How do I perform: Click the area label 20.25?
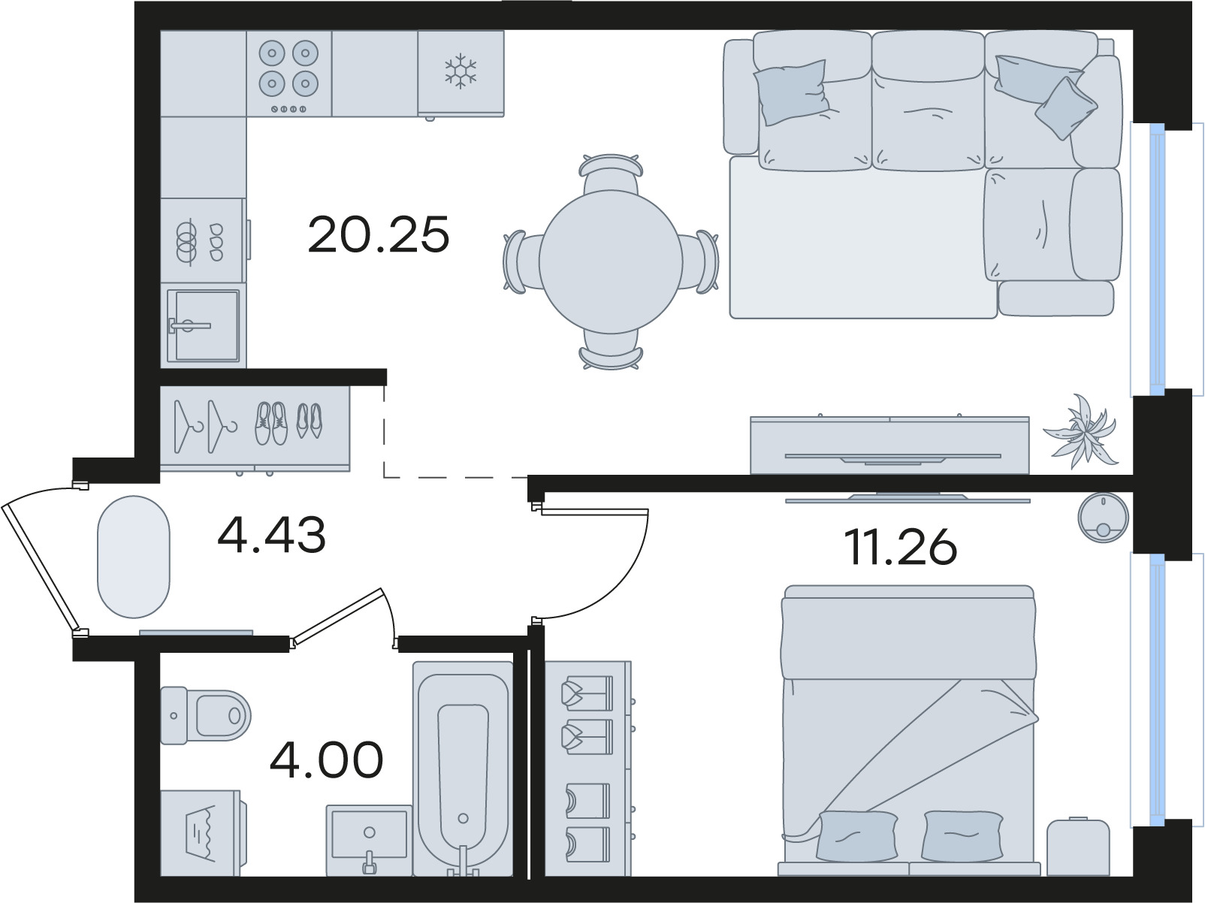point(378,234)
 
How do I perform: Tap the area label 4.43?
point(272,535)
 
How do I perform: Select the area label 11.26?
point(900,548)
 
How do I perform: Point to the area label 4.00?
point(326,760)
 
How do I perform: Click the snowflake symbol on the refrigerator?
point(461,71)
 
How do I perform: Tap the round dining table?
point(611,262)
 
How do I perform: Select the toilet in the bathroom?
point(205,716)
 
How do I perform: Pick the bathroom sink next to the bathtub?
point(369,841)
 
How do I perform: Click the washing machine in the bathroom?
point(202,833)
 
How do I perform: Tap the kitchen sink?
point(203,325)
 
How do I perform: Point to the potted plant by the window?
point(1080,432)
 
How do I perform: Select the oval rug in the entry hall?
point(134,557)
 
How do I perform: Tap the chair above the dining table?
point(611,172)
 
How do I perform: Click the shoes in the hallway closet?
point(288,423)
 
